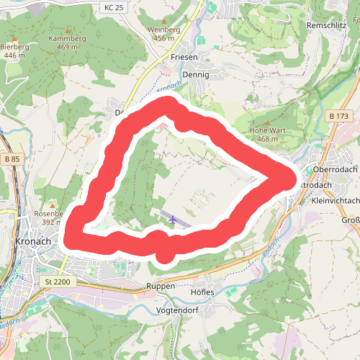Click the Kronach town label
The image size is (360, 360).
[x=33, y=241]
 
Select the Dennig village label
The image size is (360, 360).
[x=196, y=74]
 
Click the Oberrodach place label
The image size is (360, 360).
[x=336, y=169]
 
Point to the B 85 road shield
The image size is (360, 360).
[x=10, y=158]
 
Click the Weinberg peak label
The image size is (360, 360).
[x=163, y=29]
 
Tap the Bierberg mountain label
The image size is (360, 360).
[x=14, y=46]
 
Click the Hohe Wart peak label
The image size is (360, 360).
[x=263, y=130]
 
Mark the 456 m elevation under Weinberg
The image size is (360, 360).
[x=164, y=37]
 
